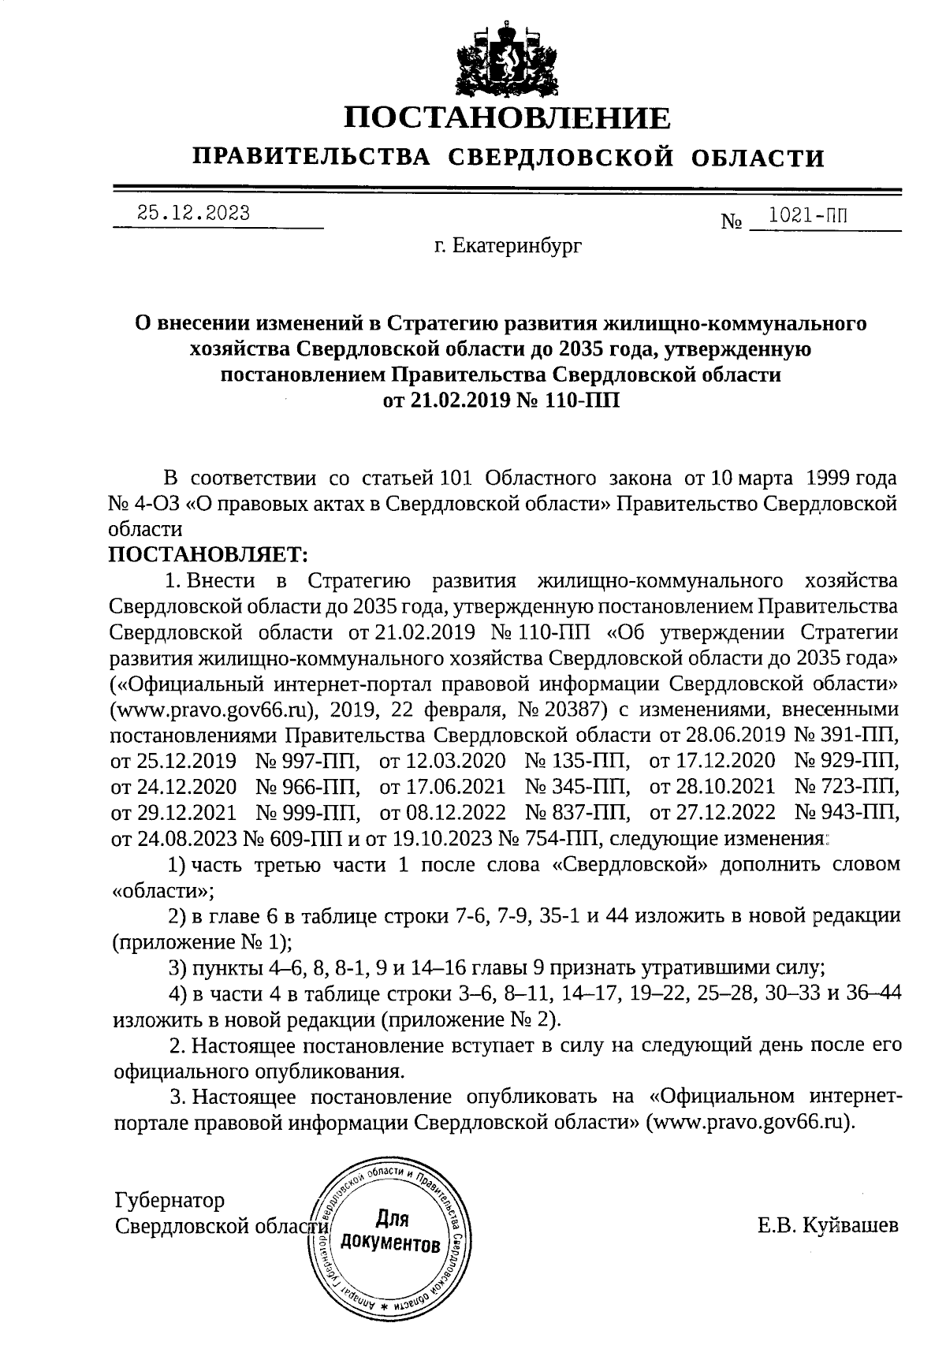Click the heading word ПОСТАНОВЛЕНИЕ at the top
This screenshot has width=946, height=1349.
508,118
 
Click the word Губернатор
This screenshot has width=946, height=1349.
169,1201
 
